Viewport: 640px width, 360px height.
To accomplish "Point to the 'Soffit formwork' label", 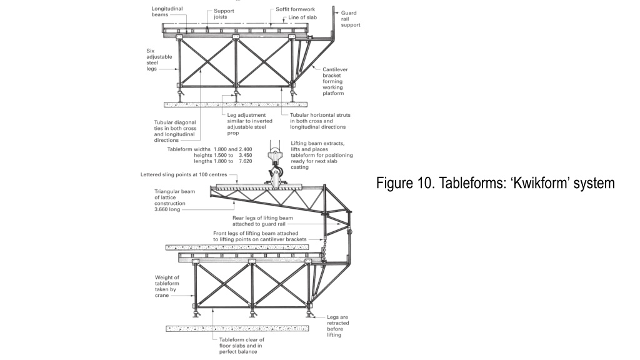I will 296,10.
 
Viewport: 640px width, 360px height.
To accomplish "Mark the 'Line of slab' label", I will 302,18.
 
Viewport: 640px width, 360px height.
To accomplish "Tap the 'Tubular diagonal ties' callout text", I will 175,131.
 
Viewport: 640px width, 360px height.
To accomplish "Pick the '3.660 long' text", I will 166,209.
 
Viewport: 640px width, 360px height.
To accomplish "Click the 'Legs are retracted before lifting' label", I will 337,326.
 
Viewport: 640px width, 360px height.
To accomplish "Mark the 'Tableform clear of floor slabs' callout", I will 242,345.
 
